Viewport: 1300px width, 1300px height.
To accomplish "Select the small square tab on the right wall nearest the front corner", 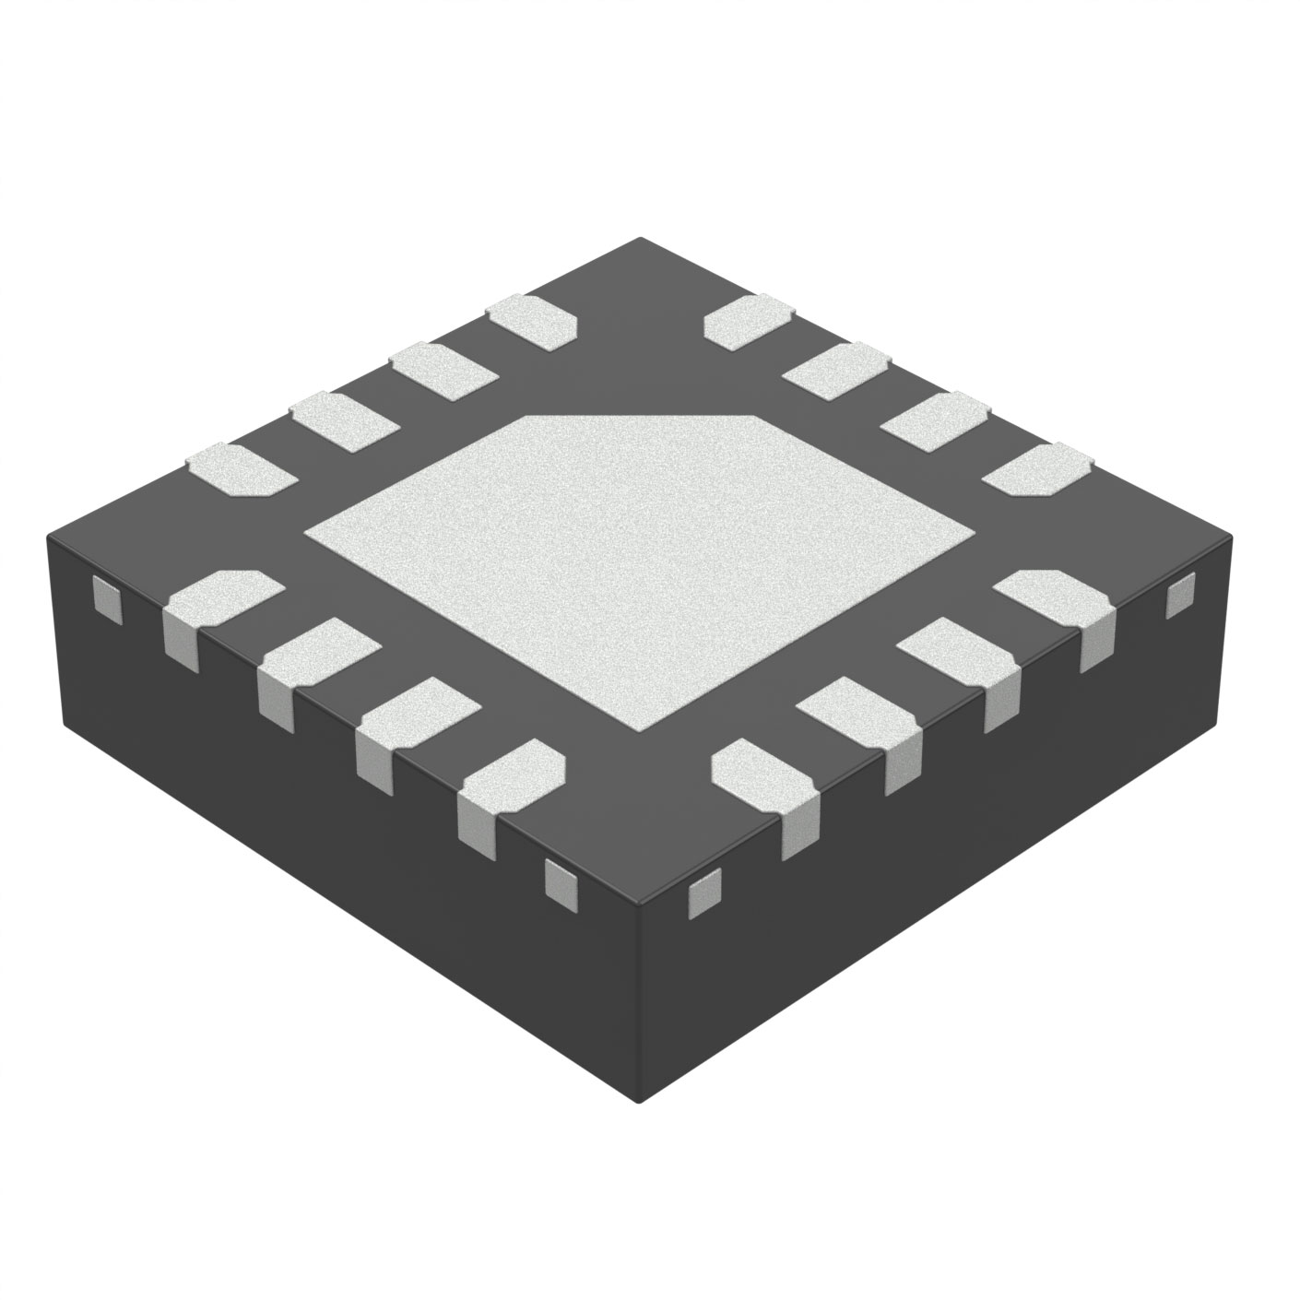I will pyautogui.click(x=705, y=892).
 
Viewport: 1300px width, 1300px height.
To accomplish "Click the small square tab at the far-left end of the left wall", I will pyautogui.click(x=108, y=598).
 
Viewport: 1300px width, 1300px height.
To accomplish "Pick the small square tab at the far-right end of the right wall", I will pyautogui.click(x=1180, y=595).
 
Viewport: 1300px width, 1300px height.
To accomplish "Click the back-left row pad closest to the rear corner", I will pyautogui.click(x=532, y=321).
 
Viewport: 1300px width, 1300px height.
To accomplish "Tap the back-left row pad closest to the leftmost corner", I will pyautogui.click(x=242, y=468).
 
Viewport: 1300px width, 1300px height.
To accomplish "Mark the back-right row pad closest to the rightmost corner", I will pyautogui.click(x=1037, y=468).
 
